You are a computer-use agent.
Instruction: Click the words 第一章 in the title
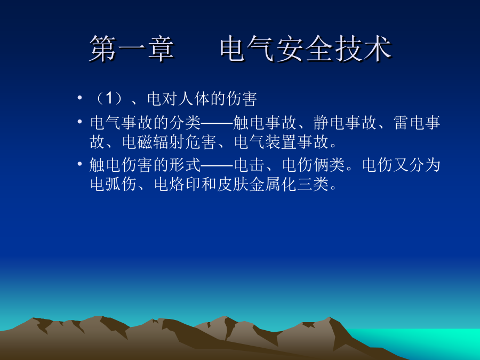(132, 49)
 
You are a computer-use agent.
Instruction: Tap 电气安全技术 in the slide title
(306, 49)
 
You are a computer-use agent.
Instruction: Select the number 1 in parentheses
(109, 99)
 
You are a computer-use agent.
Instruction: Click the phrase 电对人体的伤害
(202, 99)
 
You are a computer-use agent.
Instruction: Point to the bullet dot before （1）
(79, 98)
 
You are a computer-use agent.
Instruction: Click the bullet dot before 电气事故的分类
(79, 122)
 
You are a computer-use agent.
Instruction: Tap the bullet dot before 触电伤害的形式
(79, 164)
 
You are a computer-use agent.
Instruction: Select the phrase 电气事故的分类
(145, 123)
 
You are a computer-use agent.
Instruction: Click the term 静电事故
(345, 123)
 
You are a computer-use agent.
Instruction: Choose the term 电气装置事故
(281, 142)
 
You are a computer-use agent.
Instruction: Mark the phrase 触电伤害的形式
(145, 165)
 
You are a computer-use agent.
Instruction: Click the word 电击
(250, 165)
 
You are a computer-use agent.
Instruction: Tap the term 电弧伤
(114, 185)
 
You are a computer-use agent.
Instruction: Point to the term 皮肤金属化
(257, 185)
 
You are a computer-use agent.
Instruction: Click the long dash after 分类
(217, 123)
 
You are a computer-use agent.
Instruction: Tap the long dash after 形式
(217, 165)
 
